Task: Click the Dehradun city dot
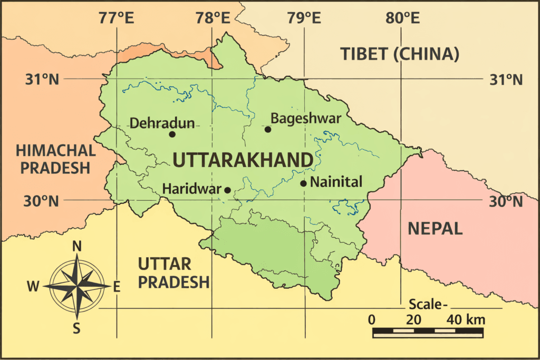coord(172,134)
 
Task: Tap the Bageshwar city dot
coord(268,129)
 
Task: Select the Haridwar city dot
coord(228,190)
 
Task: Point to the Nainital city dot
coord(304,183)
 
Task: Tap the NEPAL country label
coord(435,228)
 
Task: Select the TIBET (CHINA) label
coord(399,54)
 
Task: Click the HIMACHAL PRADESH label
coord(56,159)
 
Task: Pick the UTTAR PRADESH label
coord(173,273)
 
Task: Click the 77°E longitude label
coord(116,18)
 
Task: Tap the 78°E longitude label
coord(213,18)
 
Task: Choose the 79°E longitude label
coord(305,18)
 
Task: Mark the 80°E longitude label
coord(402,18)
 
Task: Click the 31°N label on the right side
coord(505,80)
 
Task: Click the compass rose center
coord(77,285)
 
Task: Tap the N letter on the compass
coord(77,246)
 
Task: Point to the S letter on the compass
coord(76,329)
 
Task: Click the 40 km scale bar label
coord(466,319)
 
